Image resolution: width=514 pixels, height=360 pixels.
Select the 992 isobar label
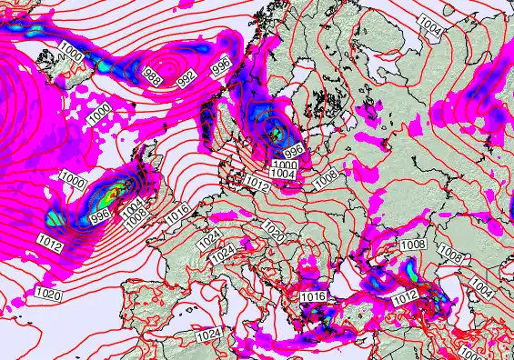(x=186, y=79)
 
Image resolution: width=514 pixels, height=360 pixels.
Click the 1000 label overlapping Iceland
(x=70, y=56)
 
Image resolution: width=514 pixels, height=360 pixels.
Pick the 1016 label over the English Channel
(x=178, y=212)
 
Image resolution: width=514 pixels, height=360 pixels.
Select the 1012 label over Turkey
(x=406, y=295)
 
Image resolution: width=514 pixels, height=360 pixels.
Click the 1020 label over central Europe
(x=273, y=236)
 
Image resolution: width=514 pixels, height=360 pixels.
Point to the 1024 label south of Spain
(x=208, y=335)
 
